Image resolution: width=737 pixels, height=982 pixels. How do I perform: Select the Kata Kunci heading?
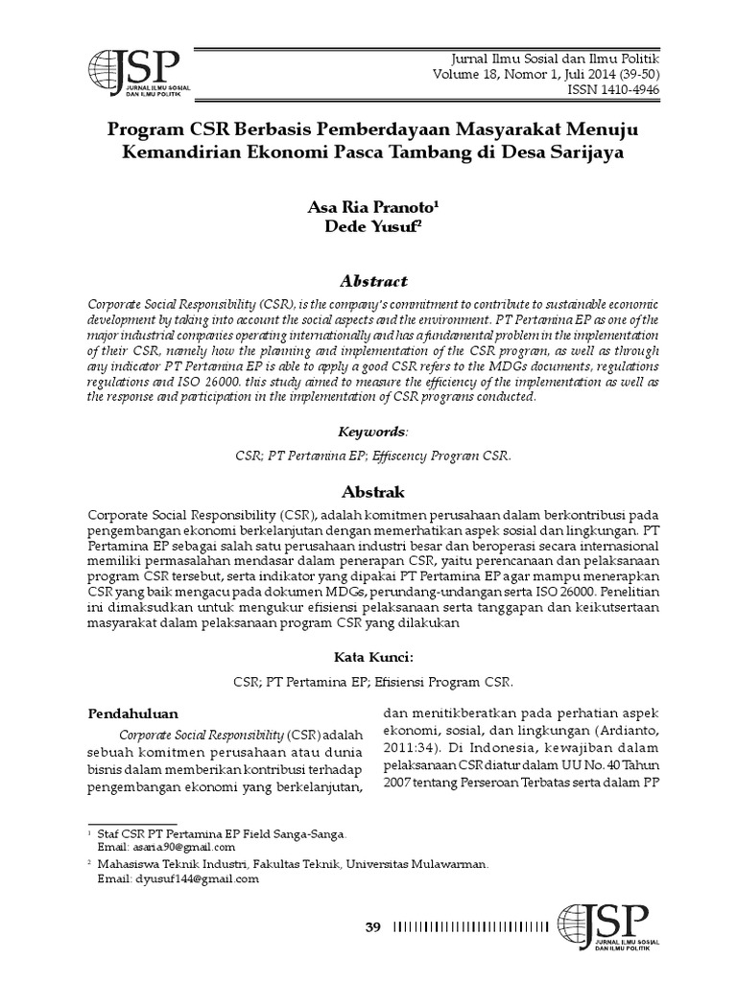click(368, 657)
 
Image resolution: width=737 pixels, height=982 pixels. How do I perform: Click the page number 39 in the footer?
click(374, 926)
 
